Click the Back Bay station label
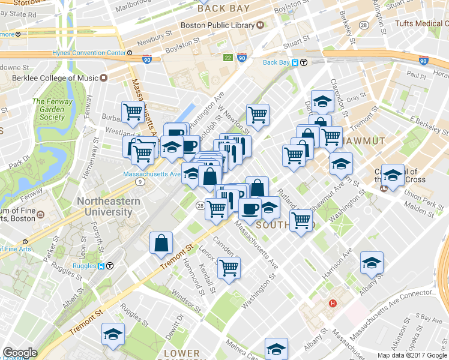277,62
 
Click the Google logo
20,353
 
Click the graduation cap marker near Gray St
322,100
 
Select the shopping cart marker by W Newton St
258,114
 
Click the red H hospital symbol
331,303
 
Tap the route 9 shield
140,181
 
